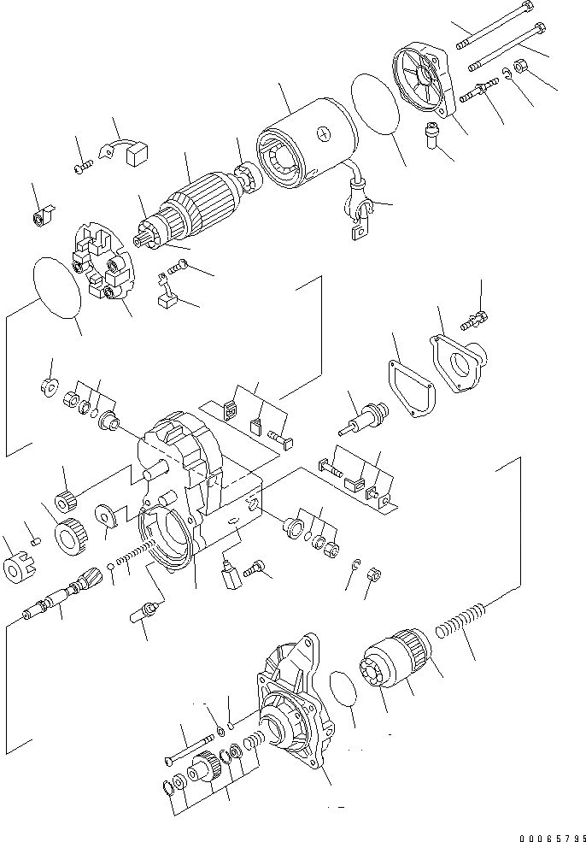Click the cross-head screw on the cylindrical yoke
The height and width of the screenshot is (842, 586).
click(322, 133)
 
